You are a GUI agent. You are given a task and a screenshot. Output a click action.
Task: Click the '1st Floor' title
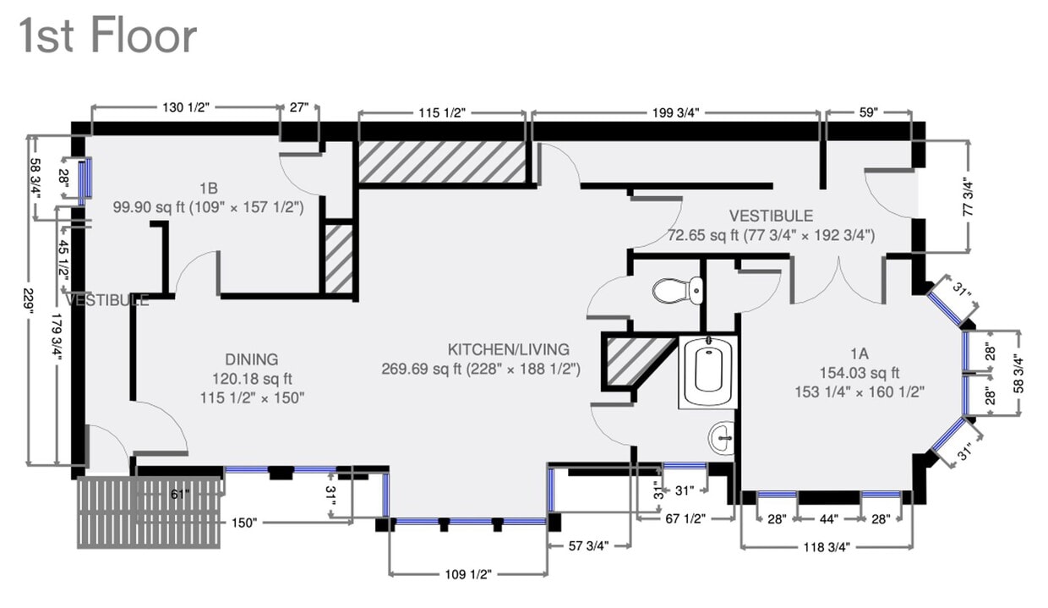[x=107, y=36]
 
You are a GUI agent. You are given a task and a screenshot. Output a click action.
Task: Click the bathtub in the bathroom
[x=707, y=372]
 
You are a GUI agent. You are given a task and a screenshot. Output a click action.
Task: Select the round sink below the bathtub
[x=722, y=437]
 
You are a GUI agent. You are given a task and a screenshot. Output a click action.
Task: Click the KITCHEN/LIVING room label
[x=509, y=349]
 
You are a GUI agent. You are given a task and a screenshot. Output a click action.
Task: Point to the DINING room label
[x=251, y=359]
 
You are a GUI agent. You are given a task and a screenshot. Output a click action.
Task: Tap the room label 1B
[x=209, y=187]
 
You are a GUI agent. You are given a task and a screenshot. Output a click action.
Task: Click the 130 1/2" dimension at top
[x=183, y=107]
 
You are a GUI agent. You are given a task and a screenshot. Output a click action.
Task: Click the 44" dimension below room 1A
[x=828, y=519]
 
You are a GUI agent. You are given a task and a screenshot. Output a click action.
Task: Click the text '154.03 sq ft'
[x=860, y=372]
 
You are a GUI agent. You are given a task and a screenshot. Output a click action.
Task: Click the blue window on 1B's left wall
[x=84, y=178]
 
